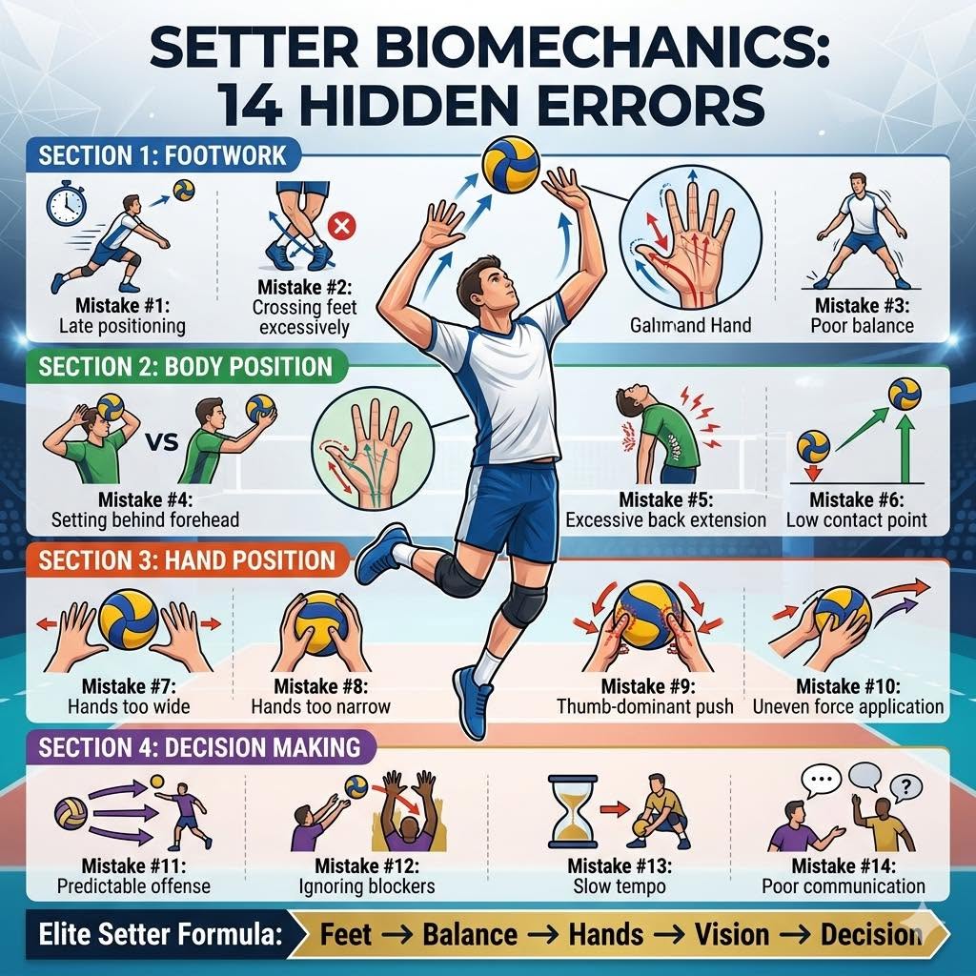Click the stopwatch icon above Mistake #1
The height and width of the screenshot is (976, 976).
click(x=66, y=203)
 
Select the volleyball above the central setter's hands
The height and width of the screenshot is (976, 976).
click(x=511, y=164)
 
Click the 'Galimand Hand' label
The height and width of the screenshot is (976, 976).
click(x=690, y=325)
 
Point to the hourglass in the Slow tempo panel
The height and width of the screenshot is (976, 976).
click(x=573, y=811)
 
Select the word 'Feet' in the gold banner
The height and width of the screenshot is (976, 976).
click(x=345, y=934)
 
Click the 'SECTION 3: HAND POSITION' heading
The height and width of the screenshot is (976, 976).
click(x=187, y=560)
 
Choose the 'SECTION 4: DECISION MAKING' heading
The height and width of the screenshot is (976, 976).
click(x=199, y=747)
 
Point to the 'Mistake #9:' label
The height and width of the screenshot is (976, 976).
click(x=647, y=686)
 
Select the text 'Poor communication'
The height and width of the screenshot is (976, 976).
click(x=844, y=885)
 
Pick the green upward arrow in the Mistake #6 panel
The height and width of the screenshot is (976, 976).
click(x=905, y=448)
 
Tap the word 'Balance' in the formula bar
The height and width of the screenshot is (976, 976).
click(x=470, y=934)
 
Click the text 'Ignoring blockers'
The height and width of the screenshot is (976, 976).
click(x=367, y=885)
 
